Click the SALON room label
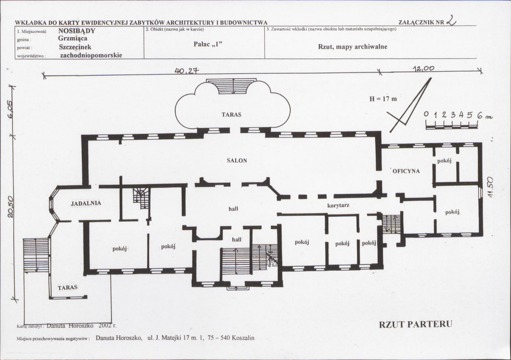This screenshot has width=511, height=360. click(x=237, y=161)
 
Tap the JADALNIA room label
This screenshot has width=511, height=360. click(x=86, y=203)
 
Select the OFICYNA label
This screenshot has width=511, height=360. click(x=406, y=171)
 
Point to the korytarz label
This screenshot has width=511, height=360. click(x=338, y=205)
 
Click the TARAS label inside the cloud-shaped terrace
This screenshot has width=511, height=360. click(x=231, y=115)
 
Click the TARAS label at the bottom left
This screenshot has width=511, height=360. click(x=67, y=288)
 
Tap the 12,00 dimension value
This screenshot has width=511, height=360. click(x=424, y=69)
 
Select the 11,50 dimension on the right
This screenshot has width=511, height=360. click(x=490, y=187)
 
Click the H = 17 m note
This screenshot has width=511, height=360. click(x=383, y=99)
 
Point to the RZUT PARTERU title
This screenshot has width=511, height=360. click(x=416, y=325)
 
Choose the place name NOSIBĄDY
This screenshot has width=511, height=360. click(x=77, y=31)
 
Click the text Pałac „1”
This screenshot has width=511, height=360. click(x=208, y=44)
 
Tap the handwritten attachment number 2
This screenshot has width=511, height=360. click(x=451, y=21)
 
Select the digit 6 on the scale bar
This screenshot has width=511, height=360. click(x=479, y=114)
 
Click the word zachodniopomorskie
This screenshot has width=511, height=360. click(x=91, y=55)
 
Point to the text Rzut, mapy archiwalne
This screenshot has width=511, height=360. click(x=352, y=46)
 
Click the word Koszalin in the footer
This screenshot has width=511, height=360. click(x=243, y=338)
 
